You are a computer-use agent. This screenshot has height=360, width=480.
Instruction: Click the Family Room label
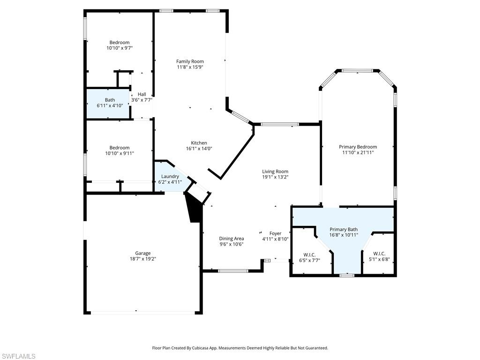(x=190, y=61)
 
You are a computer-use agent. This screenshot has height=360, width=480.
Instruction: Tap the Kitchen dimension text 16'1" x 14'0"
(x=199, y=149)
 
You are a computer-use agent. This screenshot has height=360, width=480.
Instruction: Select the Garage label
(x=143, y=253)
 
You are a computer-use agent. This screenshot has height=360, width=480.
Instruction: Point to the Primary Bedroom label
(x=358, y=147)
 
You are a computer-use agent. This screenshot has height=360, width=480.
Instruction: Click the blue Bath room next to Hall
(x=110, y=103)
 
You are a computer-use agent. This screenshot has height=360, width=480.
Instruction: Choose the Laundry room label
(x=170, y=176)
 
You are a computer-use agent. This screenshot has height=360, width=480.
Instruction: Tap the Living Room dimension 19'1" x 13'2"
(x=275, y=177)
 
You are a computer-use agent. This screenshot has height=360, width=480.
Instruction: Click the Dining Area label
(x=232, y=239)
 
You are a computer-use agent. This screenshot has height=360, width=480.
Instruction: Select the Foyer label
(x=275, y=233)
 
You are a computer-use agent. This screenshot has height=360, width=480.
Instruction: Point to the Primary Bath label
(x=343, y=229)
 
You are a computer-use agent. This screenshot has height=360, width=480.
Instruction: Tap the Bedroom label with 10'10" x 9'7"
(x=120, y=43)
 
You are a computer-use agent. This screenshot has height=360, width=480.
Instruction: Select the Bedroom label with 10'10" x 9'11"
(x=120, y=148)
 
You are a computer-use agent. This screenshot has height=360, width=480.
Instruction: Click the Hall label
(x=142, y=94)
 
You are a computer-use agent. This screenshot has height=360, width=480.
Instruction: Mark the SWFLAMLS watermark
(x=18, y=356)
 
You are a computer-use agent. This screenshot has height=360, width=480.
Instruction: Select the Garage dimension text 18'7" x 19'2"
(x=143, y=258)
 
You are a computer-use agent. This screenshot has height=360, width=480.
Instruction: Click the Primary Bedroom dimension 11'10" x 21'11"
(x=358, y=152)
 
